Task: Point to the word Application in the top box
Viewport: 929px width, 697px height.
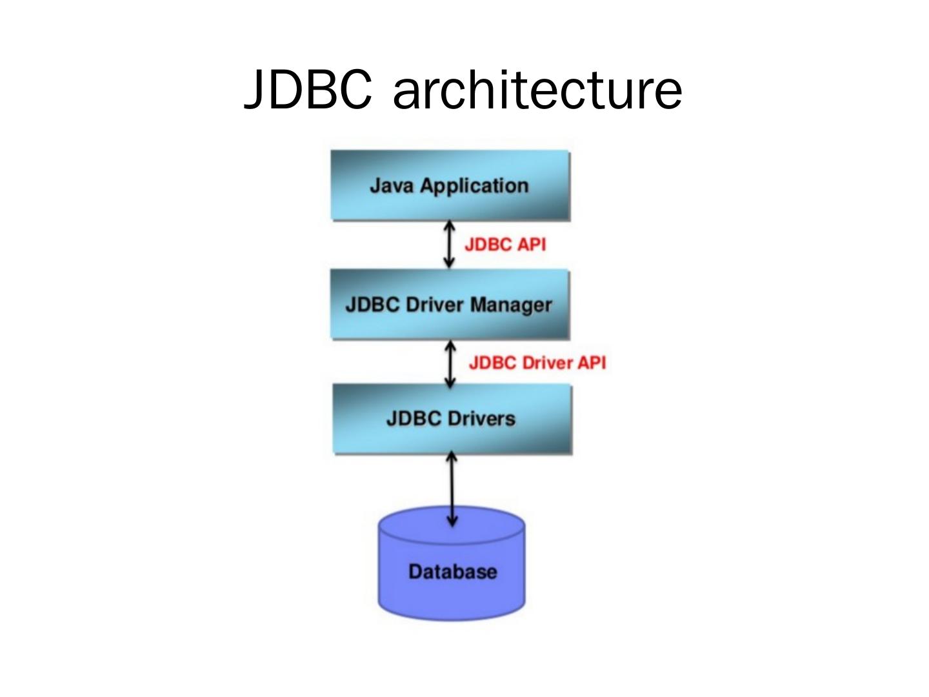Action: click(474, 187)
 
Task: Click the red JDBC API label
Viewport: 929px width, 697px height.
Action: click(505, 245)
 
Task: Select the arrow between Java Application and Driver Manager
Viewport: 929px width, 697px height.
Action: click(450, 245)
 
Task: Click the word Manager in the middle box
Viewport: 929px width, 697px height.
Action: click(511, 305)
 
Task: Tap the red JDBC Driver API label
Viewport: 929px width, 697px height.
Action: click(537, 363)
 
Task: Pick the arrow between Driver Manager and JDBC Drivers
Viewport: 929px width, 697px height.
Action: click(451, 363)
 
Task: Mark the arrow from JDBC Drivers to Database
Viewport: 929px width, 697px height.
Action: click(452, 489)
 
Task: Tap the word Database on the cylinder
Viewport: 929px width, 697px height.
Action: click(452, 572)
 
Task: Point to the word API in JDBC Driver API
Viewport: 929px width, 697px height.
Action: click(592, 363)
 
